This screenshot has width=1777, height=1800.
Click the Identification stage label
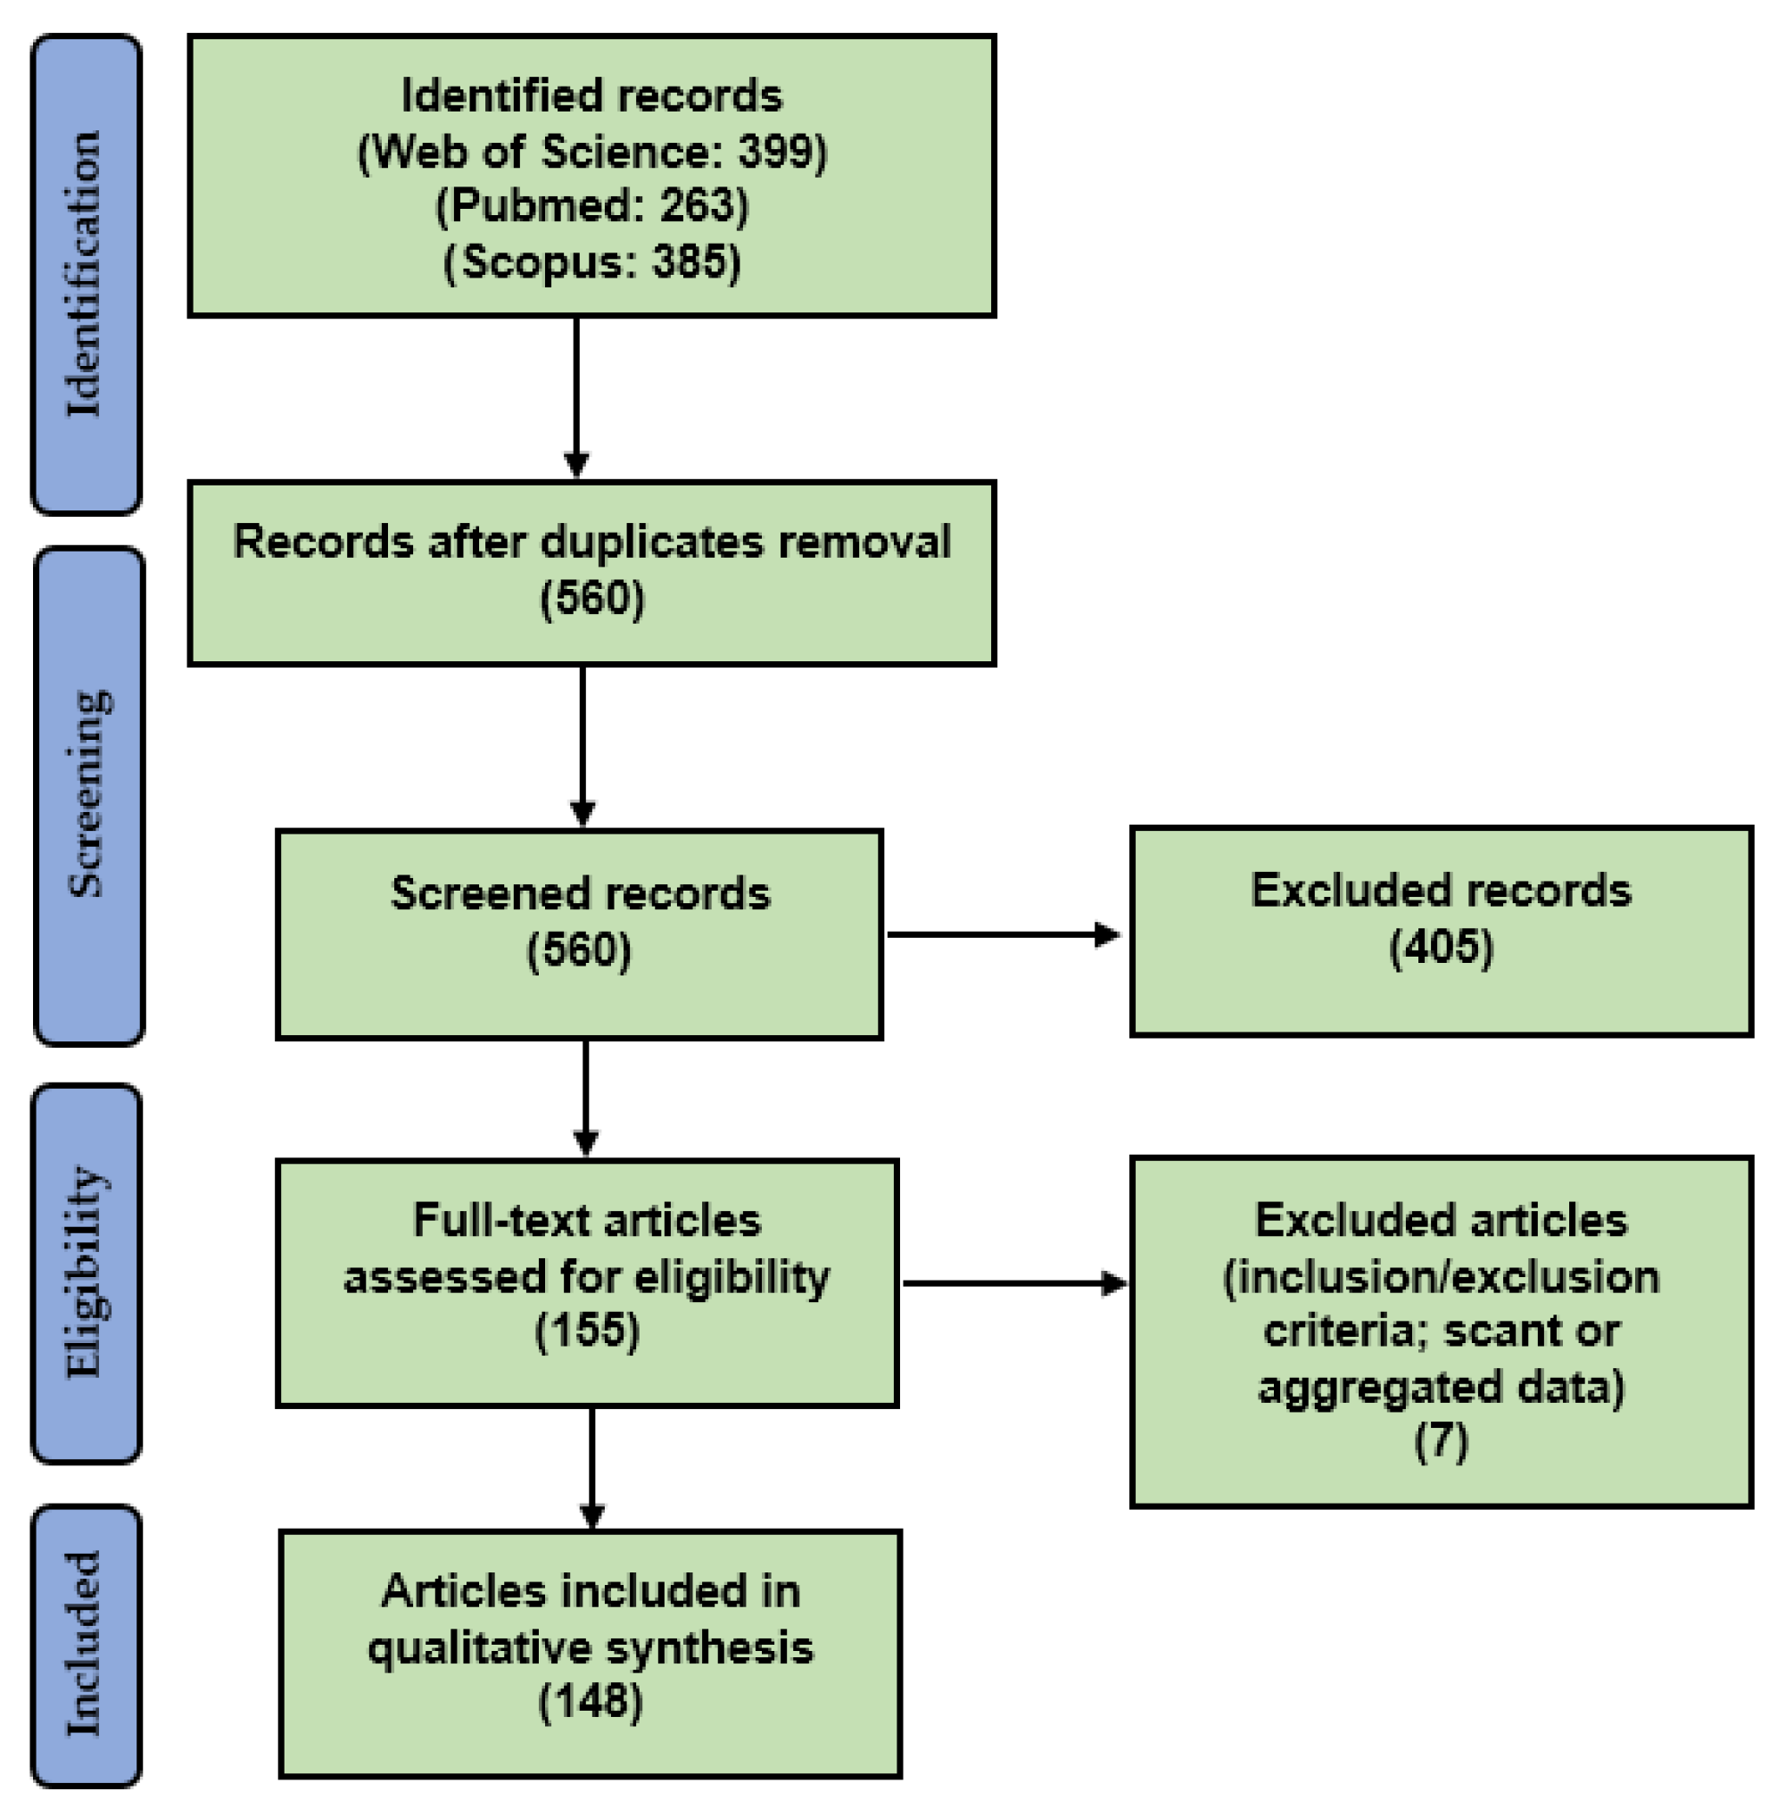[85, 274]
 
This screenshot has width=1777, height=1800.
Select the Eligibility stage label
[86, 1272]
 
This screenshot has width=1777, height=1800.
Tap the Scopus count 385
[690, 261]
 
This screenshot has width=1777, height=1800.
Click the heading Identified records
[591, 95]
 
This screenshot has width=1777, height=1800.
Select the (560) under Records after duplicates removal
[592, 598]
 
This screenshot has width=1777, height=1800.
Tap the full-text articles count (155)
[587, 1331]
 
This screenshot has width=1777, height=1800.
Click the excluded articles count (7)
[1441, 1440]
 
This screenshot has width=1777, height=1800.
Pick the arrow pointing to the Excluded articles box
[1015, 1284]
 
